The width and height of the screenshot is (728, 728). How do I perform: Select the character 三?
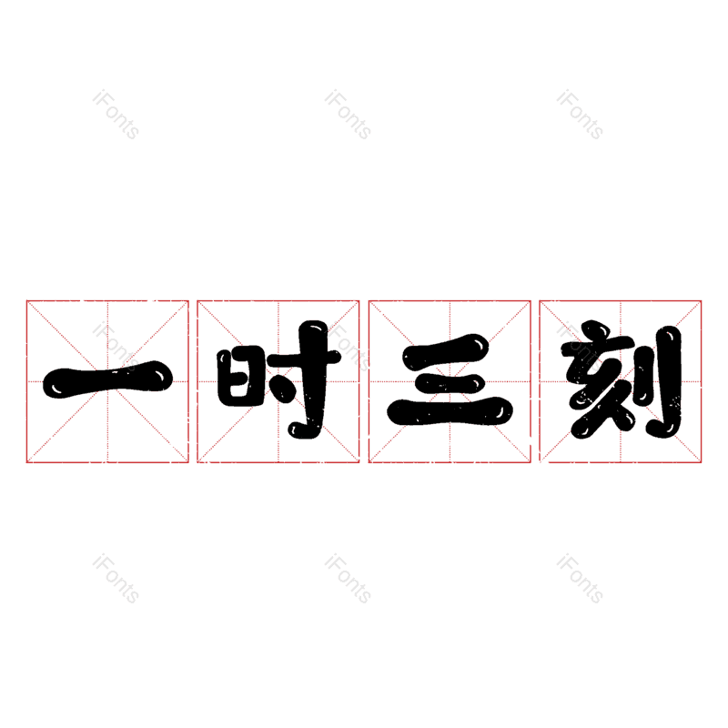450,379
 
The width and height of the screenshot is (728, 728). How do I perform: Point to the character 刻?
622,379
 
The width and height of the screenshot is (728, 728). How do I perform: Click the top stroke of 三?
446,352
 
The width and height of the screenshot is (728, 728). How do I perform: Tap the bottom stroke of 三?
450,411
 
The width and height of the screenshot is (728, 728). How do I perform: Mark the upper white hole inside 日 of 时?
239,366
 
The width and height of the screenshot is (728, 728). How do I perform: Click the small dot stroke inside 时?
283,389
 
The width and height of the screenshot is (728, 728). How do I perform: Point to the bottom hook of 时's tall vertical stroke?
302,430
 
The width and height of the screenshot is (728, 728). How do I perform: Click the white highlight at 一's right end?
160,375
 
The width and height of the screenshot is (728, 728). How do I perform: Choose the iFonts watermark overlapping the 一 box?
116,346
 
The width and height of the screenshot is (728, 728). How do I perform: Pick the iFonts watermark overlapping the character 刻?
580,346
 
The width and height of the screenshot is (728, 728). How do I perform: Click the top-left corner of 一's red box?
27,301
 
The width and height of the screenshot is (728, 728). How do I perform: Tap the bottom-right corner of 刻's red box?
701,462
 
